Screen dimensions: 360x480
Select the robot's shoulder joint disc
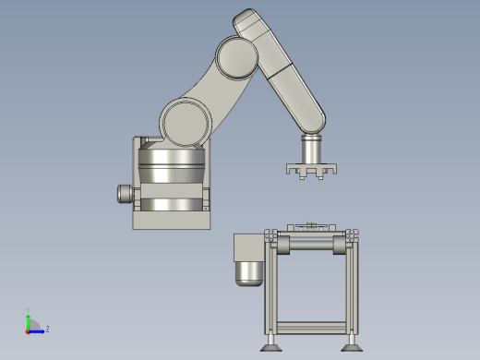coord(186,122)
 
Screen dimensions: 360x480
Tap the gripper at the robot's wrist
coord(311,170)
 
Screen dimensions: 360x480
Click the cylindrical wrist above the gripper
coord(312,147)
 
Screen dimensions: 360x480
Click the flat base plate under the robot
coord(172,220)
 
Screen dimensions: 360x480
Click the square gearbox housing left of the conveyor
coord(247,246)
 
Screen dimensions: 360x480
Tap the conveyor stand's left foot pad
coord(270,347)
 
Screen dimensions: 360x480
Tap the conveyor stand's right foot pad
coord(351,347)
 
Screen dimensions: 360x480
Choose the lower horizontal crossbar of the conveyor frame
coord(311,327)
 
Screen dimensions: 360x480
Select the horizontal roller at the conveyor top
coord(311,245)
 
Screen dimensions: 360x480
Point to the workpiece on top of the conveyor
coord(312,226)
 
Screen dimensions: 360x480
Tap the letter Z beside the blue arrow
coord(47,329)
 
